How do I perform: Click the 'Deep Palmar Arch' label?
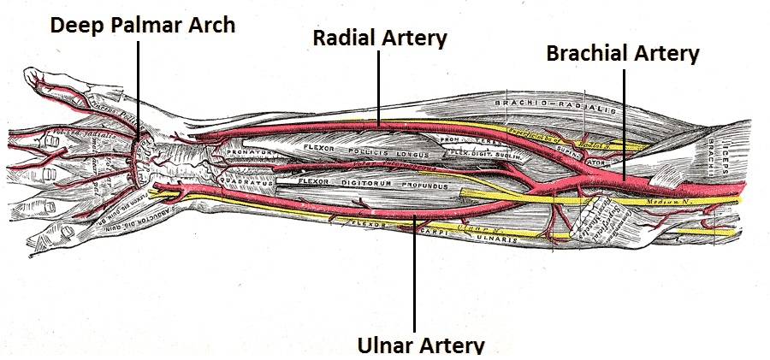point(142,24)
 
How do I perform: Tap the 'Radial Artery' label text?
point(380,38)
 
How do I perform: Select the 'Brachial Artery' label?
point(623,53)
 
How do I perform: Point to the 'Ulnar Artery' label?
point(420,345)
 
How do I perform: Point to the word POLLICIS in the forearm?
point(363,155)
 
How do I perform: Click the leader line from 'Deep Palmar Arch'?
point(139,86)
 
